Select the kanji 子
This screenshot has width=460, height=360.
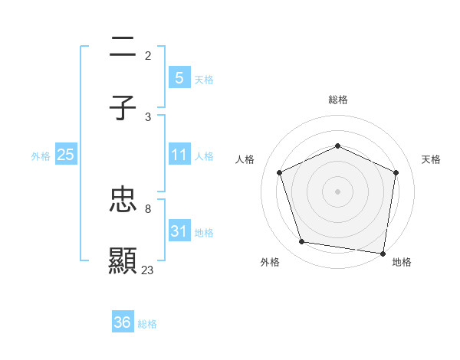coord(123,109)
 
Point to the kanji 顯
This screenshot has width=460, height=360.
coord(123,261)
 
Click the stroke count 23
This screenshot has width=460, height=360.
coord(147,270)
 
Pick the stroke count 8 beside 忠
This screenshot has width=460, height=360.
coord(147,208)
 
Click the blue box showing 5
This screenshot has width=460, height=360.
coord(179,78)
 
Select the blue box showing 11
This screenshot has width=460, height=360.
coord(179,155)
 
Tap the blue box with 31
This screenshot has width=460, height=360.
coord(179,231)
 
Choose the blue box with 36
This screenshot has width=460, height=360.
coord(123,322)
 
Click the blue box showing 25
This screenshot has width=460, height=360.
coord(66,155)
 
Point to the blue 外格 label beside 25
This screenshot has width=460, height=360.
coord(41,155)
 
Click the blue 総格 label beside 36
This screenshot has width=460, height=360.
coord(147,324)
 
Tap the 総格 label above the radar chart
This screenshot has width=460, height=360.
coord(337,100)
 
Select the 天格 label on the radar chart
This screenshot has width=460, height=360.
coord(431,159)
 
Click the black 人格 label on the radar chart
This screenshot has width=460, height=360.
coord(245,159)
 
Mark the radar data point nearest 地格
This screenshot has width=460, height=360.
coord(383,253)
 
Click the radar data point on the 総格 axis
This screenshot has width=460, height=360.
coord(337,146)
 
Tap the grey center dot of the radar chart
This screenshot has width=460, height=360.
coord(337,191)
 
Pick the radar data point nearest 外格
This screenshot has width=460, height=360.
coord(302,242)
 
